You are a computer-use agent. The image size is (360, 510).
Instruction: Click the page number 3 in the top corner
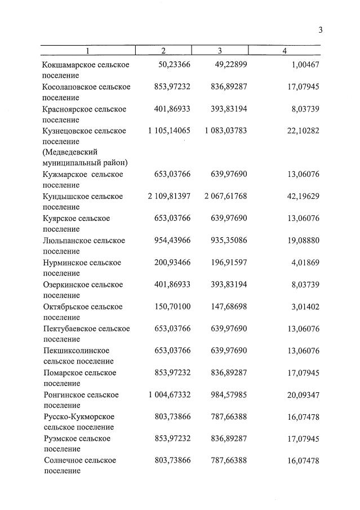click(x=320, y=30)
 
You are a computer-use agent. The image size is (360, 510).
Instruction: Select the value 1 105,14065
click(x=169, y=131)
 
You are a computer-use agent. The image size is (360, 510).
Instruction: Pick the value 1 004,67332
click(x=169, y=394)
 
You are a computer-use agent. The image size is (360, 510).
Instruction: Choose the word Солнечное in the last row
click(x=63, y=460)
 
